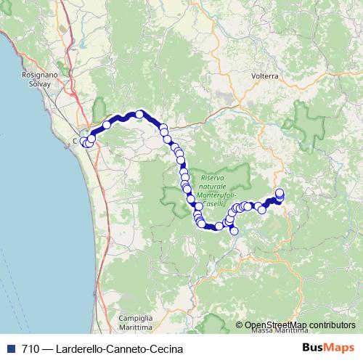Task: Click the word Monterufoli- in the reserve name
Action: tap(218, 196)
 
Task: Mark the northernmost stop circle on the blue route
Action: tap(139, 114)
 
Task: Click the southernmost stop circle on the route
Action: tap(234, 231)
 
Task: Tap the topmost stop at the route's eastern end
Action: tap(280, 192)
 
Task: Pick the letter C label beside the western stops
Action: tap(76, 141)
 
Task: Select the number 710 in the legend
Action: tap(30, 349)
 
